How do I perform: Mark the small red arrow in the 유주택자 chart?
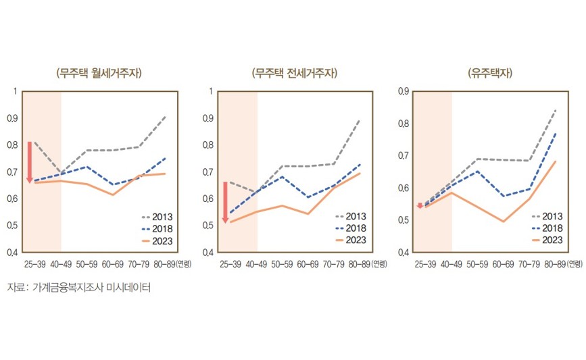pyautogui.click(x=420, y=205)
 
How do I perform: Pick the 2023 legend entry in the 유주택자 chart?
pyautogui.click(x=548, y=240)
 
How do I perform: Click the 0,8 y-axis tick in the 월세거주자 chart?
pyautogui.click(x=13, y=145)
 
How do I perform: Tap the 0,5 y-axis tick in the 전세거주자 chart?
pyautogui.click(x=208, y=226)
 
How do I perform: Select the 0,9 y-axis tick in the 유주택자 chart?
pyautogui.click(x=404, y=91)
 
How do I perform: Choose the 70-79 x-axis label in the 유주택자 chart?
pyautogui.click(x=529, y=264)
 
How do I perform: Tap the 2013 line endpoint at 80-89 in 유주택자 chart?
pyautogui.click(x=556, y=109)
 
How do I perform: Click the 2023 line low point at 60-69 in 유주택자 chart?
pyautogui.click(x=504, y=222)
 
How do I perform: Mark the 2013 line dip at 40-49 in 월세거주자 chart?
pyautogui.click(x=62, y=174)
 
